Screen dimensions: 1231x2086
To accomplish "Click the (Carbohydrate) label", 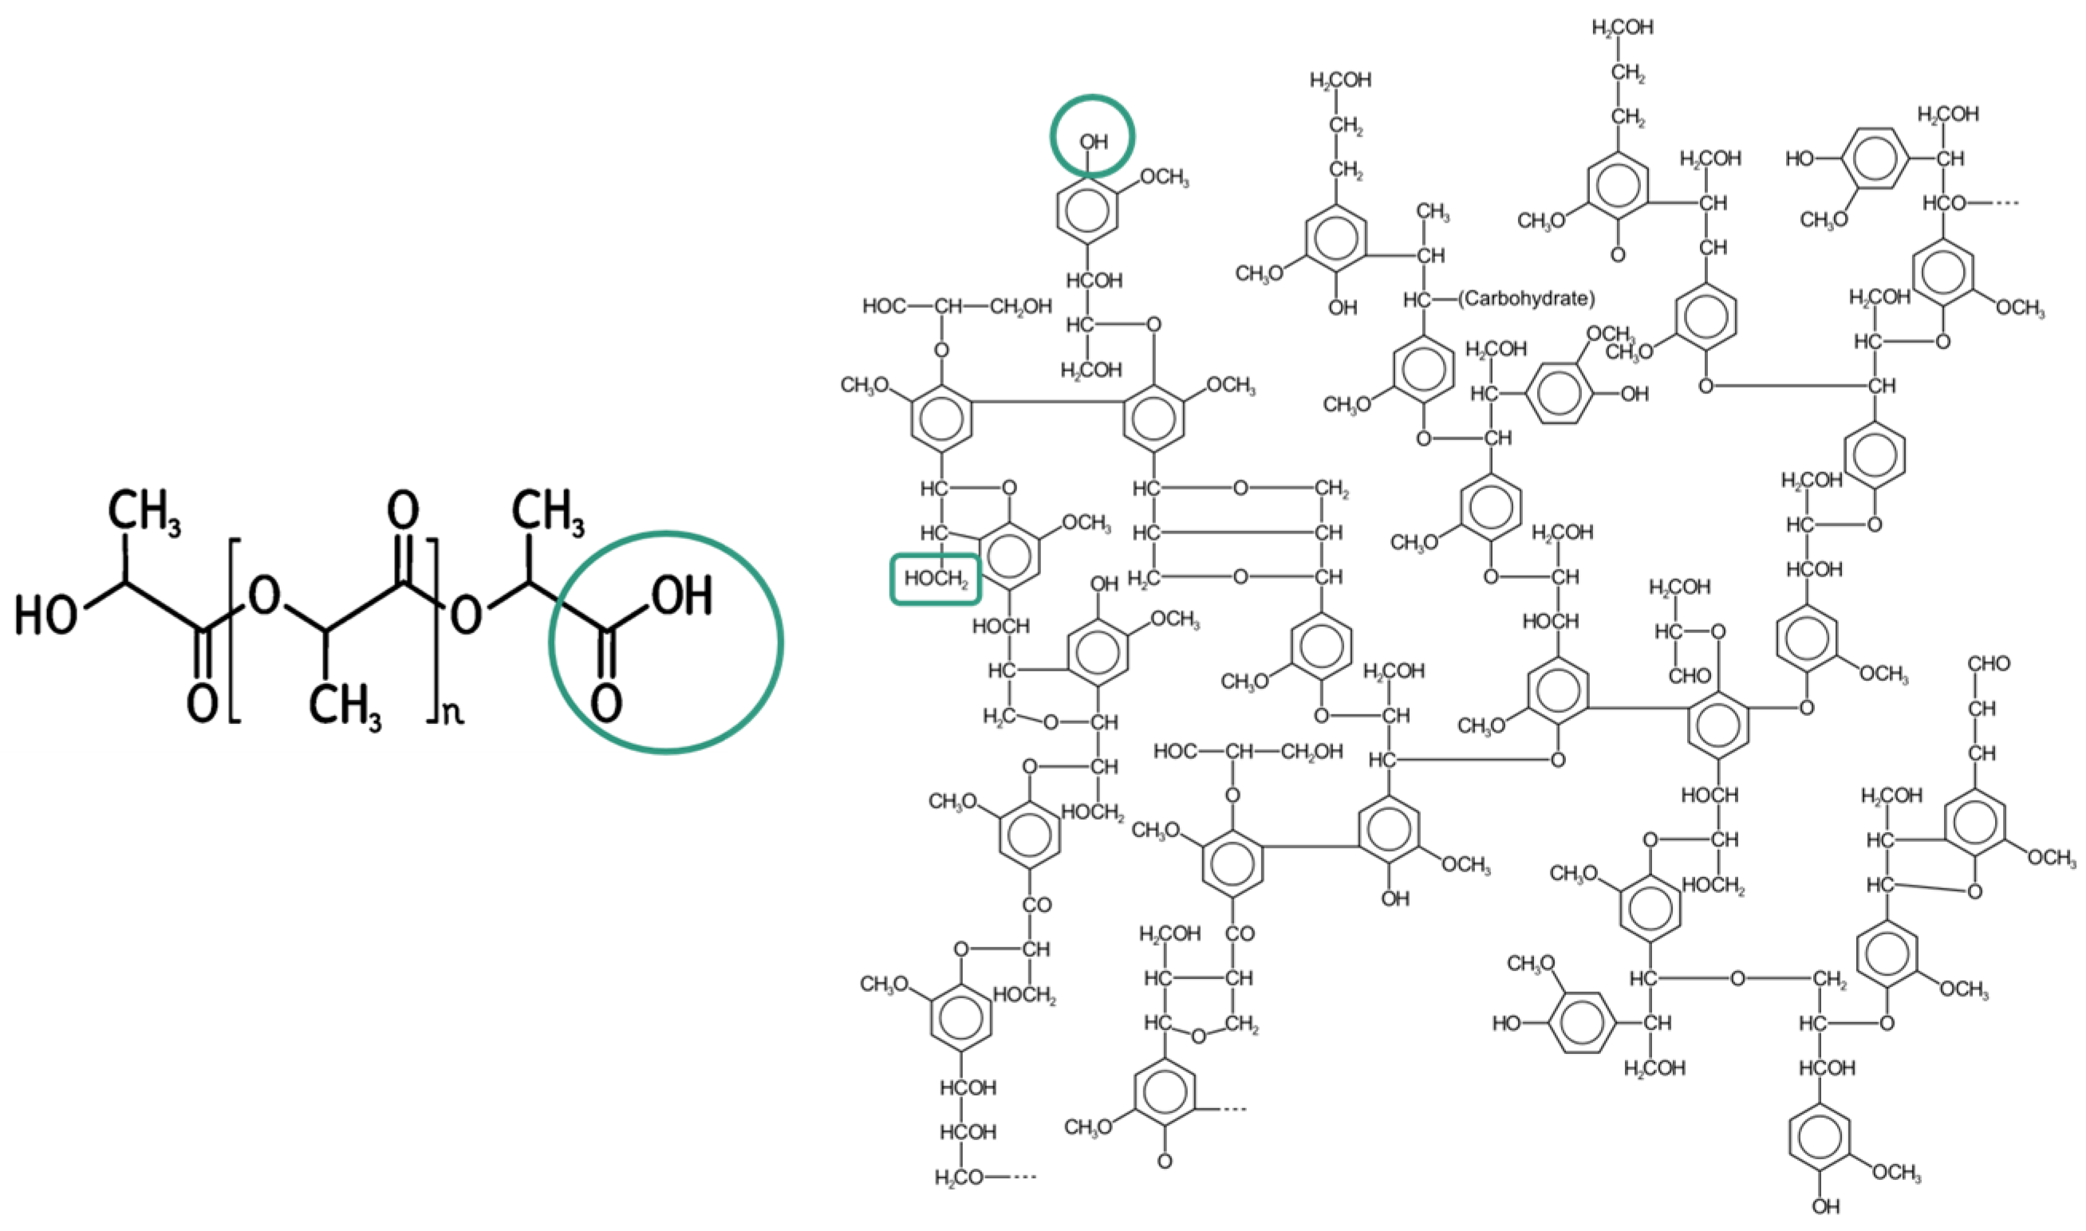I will coord(1527,298).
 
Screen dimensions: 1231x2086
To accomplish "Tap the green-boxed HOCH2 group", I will coord(936,578).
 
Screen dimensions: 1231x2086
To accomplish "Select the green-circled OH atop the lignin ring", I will coord(1093,141).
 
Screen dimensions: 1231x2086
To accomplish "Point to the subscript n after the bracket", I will coord(452,713).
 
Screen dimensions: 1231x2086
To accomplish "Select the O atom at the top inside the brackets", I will coord(404,510).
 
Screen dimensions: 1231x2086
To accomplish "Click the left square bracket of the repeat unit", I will coord(234,631).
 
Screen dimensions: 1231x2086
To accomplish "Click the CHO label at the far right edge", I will coord(1989,663).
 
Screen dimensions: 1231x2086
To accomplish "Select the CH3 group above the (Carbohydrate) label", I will coord(1433,212).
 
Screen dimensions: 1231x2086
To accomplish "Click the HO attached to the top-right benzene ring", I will coord(1800,159).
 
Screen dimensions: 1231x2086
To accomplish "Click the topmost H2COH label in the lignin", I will coord(1623,27).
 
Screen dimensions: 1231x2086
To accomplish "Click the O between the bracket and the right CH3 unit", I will coord(467,615).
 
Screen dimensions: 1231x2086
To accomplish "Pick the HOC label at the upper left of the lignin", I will coord(884,306).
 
